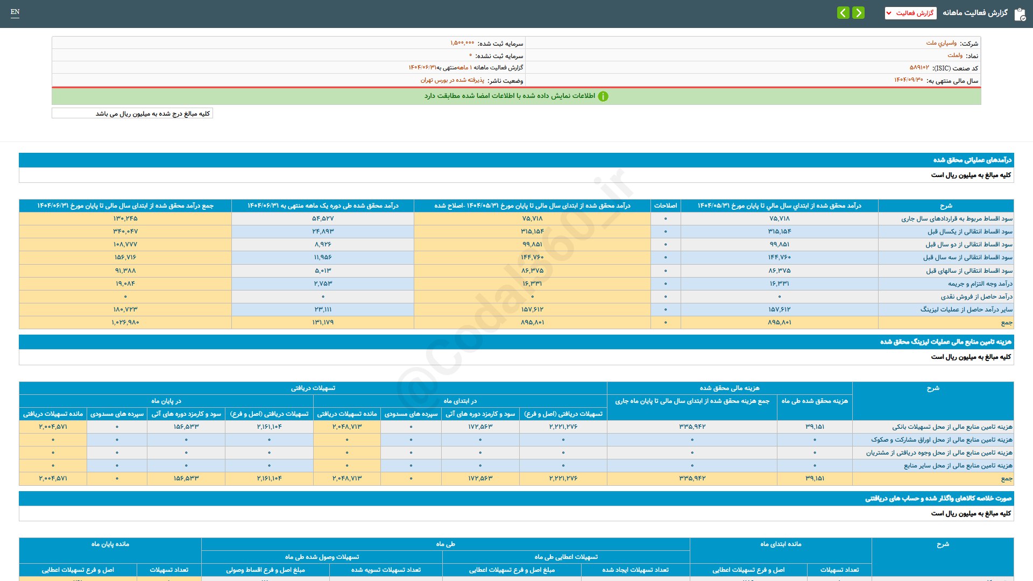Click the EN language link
pyautogui.click(x=15, y=12)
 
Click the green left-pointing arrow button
pyautogui.click(x=843, y=12)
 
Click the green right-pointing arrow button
pyautogui.click(x=859, y=12)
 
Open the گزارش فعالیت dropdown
pyautogui.click(x=910, y=13)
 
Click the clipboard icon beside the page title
pyautogui.click(x=1020, y=15)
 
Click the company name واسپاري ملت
pyautogui.click(x=941, y=43)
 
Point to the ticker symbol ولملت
pyautogui.click(x=955, y=55)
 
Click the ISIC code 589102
pyautogui.click(x=919, y=68)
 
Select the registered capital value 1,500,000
pyautogui.click(x=462, y=43)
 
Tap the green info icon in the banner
pyautogui.click(x=603, y=96)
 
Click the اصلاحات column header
pyautogui.click(x=666, y=206)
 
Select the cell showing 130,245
pyautogui.click(x=125, y=218)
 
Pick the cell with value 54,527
pyautogui.click(x=323, y=218)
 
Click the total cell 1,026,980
pyautogui.click(x=125, y=322)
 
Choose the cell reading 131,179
pyautogui.click(x=323, y=322)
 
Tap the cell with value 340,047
pyautogui.click(x=125, y=231)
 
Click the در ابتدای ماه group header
pyautogui.click(x=460, y=401)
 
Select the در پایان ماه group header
pyautogui.click(x=166, y=401)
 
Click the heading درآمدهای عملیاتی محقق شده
pyautogui.click(x=972, y=160)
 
